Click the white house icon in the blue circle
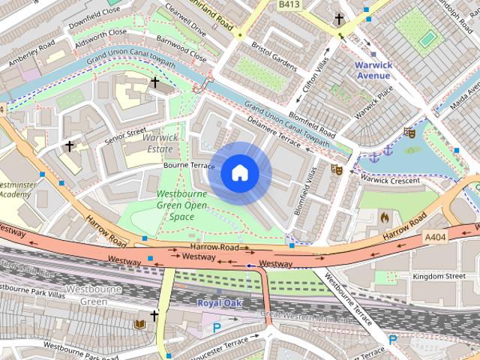pyautogui.click(x=240, y=173)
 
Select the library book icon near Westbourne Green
pyautogui.click(x=139, y=324)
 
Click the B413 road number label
pyautogui.click(x=289, y=4)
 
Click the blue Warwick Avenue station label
pyautogui.click(x=373, y=70)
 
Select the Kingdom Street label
pyautogui.click(x=439, y=276)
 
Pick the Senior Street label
pyautogui.click(x=125, y=134)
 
